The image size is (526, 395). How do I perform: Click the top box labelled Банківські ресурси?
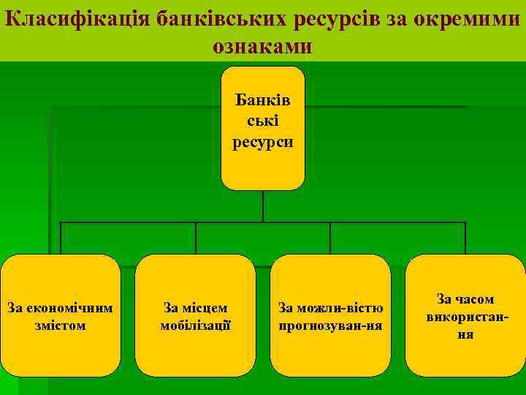[263, 128]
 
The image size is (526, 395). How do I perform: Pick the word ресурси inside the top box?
[263, 142]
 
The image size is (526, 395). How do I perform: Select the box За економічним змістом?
[61, 315]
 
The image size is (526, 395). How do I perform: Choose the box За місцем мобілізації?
[196, 315]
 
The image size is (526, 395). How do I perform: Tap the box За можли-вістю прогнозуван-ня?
[331, 315]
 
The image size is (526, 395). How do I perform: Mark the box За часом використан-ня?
[465, 315]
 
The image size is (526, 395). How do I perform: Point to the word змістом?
[61, 325]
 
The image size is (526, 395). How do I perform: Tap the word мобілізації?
[196, 325]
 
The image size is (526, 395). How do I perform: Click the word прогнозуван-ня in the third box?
[331, 325]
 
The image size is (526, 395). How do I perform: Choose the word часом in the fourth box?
[475, 298]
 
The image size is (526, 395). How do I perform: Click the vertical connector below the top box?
[263, 206]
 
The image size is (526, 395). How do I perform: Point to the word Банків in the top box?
[263, 97]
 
